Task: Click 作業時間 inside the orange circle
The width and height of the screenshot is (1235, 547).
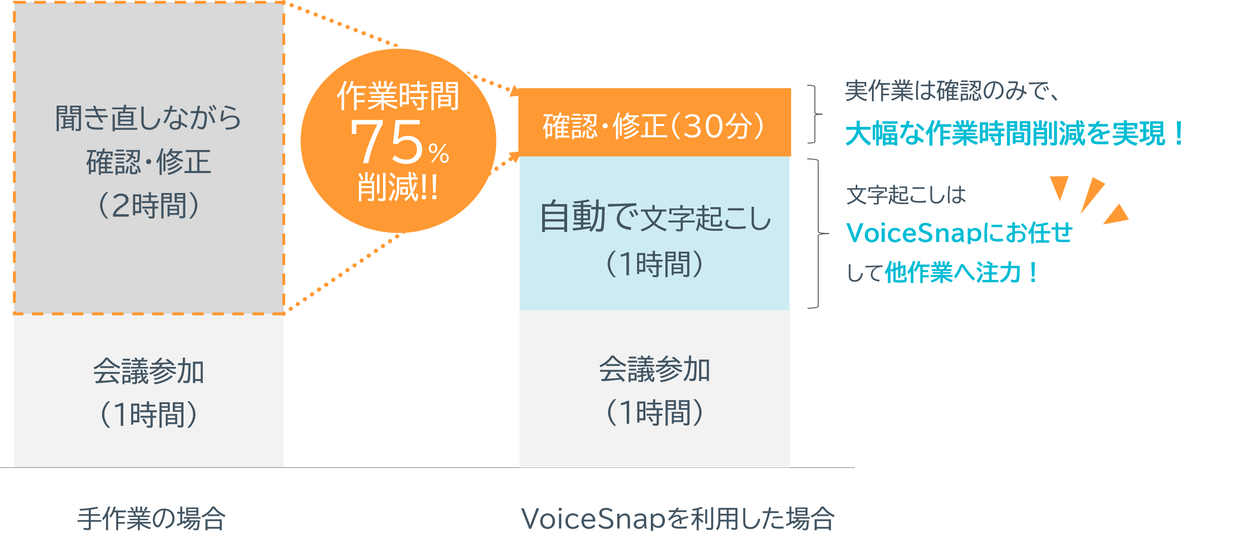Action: [398, 96]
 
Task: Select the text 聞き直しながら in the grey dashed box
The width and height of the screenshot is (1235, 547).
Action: [148, 118]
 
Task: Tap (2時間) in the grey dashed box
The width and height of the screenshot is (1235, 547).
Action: [148, 206]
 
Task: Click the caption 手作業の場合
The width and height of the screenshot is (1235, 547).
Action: [151, 519]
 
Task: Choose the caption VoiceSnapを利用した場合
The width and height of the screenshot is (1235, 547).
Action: [677, 519]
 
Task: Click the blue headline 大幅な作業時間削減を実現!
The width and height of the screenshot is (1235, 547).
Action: [1013, 134]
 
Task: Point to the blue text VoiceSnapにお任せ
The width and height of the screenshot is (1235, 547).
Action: [959, 233]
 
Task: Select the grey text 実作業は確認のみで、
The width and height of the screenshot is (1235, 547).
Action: [952, 91]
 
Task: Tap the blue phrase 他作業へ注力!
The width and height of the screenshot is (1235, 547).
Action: [961, 273]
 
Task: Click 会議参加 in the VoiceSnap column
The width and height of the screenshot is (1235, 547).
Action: [655, 370]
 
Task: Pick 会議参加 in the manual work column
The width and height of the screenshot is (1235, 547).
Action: [148, 372]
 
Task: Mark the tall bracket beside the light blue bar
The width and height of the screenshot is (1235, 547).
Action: [817, 234]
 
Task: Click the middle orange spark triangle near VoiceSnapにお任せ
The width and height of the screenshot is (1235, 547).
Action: [1092, 193]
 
